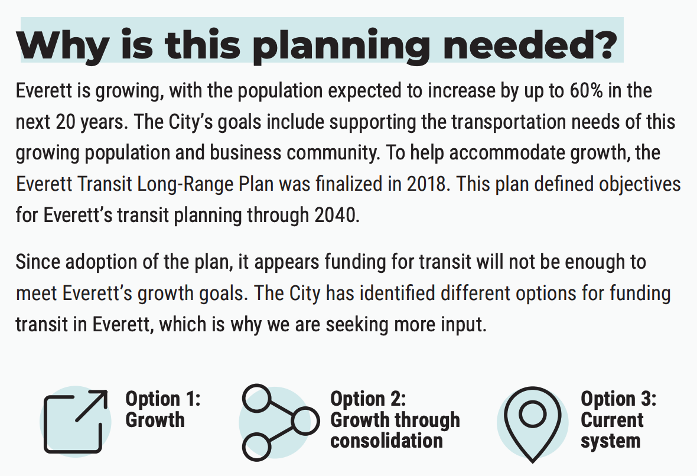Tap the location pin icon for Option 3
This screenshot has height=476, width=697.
click(532, 422)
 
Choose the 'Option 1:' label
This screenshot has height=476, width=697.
click(162, 399)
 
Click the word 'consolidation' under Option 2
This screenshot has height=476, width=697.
click(386, 441)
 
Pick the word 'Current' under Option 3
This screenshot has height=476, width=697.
click(612, 420)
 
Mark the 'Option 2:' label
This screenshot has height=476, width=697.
click(368, 399)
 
